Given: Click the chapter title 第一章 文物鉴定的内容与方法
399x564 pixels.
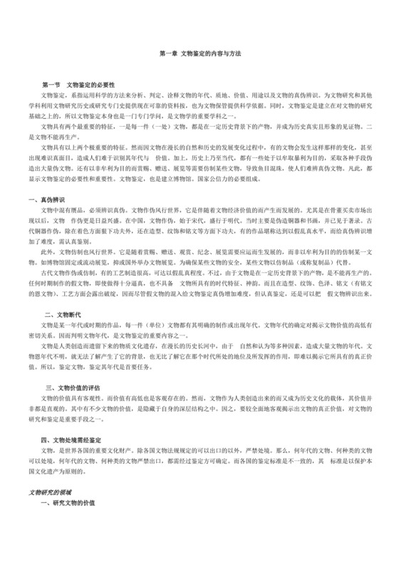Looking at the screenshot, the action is click(199, 54).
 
